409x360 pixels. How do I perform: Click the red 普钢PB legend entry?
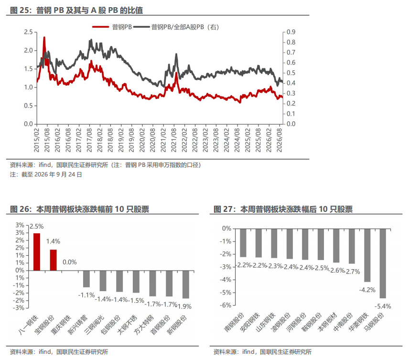[112, 27]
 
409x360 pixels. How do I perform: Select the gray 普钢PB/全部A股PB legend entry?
[176, 27]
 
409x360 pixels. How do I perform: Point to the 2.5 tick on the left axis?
[29, 32]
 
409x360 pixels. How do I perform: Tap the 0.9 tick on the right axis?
[291, 32]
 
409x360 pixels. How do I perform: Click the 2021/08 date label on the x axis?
[174, 140]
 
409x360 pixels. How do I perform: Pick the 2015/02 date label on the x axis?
[36, 140]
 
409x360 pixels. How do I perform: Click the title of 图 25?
[76, 10]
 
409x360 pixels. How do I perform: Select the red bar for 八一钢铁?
[37, 252]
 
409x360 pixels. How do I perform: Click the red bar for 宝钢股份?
[53, 260]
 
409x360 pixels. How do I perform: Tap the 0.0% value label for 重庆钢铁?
[70, 262]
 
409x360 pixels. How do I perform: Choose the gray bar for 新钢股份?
[186, 284]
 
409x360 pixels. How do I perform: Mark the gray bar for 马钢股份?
[383, 263]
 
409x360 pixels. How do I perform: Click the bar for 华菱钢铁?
[367, 255]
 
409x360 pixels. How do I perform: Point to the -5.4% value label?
[383, 306]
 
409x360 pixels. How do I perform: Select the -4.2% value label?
[367, 290]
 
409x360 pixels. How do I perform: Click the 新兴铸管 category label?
[78, 325]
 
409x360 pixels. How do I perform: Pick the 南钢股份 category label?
[234, 322]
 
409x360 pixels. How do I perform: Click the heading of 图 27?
[283, 209]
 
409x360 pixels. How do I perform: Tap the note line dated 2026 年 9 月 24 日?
[46, 175]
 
